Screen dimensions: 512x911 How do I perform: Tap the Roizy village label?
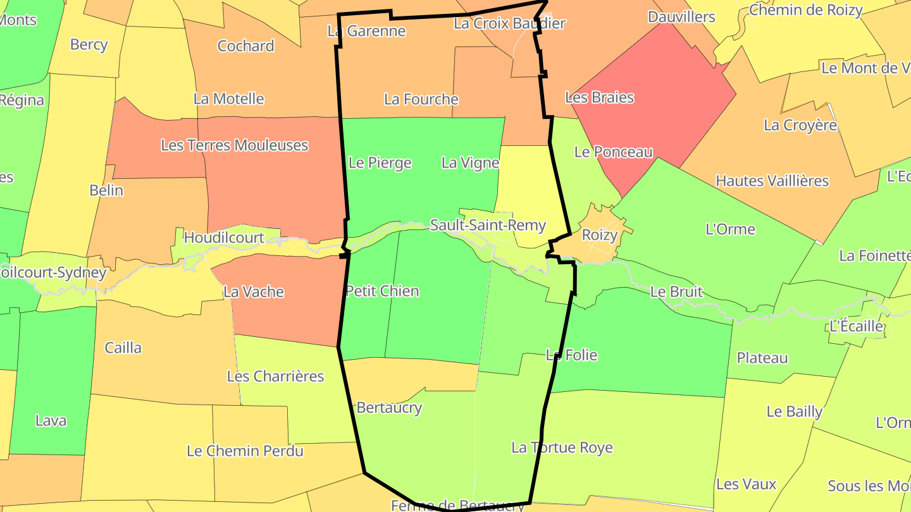(599, 235)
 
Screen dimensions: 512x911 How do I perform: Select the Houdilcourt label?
(223, 238)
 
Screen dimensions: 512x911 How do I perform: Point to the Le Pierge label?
(380, 163)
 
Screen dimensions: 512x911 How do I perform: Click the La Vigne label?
(470, 163)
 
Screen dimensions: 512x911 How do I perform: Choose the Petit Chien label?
(382, 291)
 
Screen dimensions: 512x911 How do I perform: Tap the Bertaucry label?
(389, 408)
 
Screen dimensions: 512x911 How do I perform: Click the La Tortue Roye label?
(562, 448)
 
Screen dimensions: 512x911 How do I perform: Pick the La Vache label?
(254, 292)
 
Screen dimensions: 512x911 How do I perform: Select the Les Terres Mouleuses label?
(234, 145)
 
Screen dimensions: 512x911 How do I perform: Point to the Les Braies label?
(599, 97)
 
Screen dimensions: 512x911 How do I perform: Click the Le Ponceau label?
(613, 152)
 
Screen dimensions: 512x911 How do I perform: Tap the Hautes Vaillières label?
(772, 181)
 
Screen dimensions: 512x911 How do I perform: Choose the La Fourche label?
(421, 99)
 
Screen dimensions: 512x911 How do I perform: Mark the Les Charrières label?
(275, 376)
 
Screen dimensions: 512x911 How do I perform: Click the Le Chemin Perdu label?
(245, 451)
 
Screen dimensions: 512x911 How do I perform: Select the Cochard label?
(245, 46)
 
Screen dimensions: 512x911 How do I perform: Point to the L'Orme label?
(730, 229)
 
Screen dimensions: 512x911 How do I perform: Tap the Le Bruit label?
(676, 291)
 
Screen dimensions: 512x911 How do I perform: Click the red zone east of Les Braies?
(671, 95)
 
